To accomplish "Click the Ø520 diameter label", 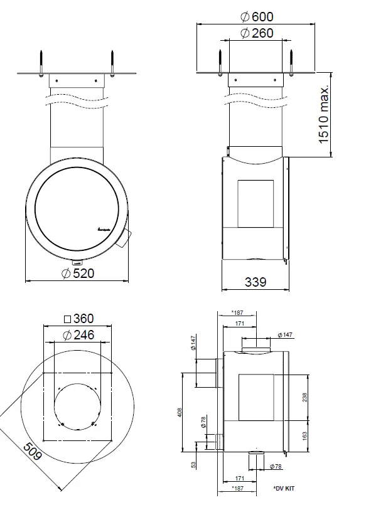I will tap(78, 273).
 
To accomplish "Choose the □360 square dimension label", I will tap(78, 319).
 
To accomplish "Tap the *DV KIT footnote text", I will tap(284, 488).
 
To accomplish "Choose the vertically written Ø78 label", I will tap(203, 423).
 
